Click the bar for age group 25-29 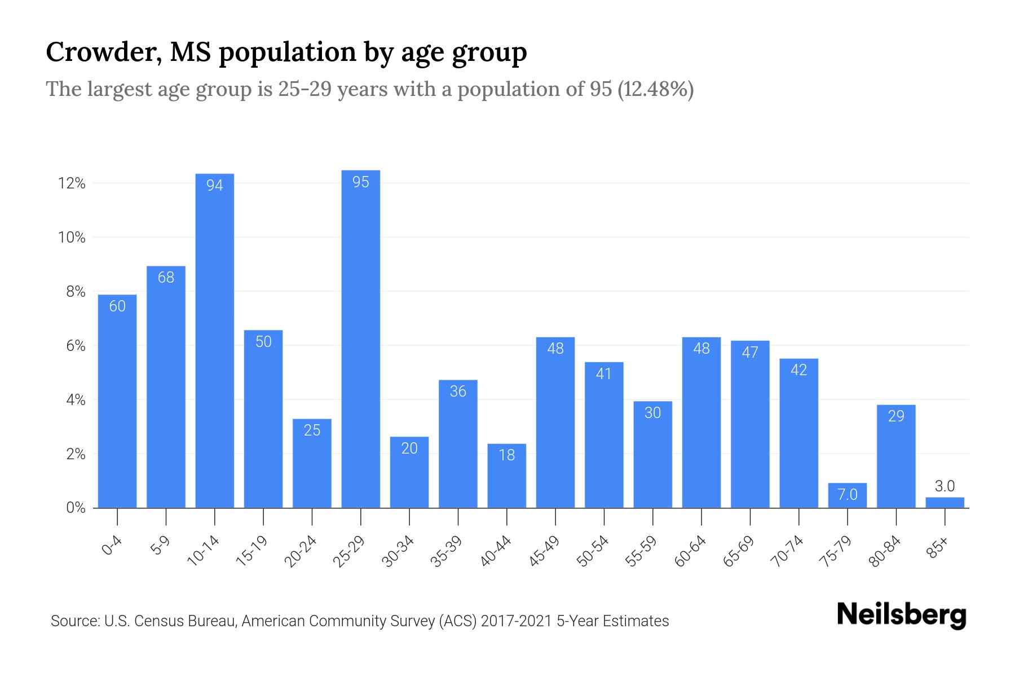[x=360, y=338]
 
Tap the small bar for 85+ [x=945, y=503]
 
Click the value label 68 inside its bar [x=166, y=277]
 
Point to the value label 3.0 [x=945, y=486]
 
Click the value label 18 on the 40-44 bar [x=506, y=455]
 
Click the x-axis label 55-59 [x=641, y=551]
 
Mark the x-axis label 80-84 [x=885, y=551]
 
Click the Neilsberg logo [x=901, y=615]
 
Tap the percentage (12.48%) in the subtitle [x=655, y=89]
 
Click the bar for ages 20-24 [x=312, y=463]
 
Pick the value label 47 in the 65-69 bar [x=750, y=352]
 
